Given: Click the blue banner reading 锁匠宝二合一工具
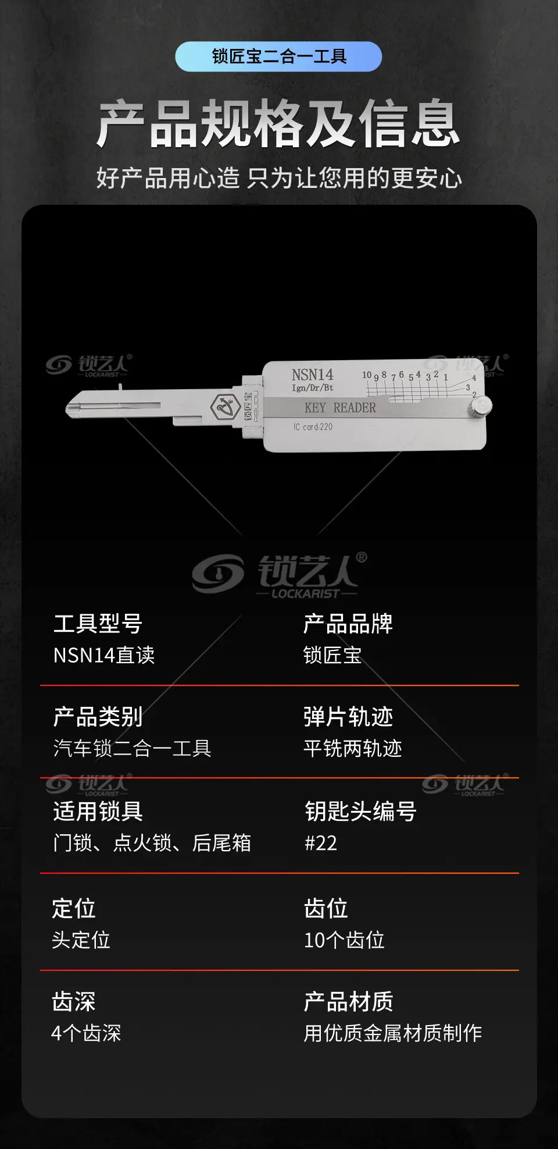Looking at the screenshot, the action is point(278,56).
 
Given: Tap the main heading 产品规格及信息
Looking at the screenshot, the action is point(278,123).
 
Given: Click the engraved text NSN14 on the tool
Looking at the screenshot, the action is point(313,374).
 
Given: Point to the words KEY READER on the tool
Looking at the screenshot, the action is point(340,408).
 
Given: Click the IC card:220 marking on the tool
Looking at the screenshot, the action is point(313,427).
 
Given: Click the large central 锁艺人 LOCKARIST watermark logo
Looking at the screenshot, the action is point(280,574).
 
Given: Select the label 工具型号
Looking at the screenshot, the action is point(98,624).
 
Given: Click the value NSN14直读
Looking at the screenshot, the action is point(104,656).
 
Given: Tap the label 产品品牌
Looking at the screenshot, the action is point(348,624).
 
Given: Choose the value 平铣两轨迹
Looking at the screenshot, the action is point(353,749).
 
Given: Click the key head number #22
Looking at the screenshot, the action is point(321,843).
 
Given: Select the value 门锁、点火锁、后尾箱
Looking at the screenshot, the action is point(152,843).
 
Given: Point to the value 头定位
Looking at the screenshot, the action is point(81,940).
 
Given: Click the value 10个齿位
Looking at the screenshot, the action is point(344,940).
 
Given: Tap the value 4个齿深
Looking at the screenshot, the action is point(86,1033).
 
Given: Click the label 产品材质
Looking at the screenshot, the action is point(349,1002).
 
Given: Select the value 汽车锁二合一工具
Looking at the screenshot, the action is point(132,749).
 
